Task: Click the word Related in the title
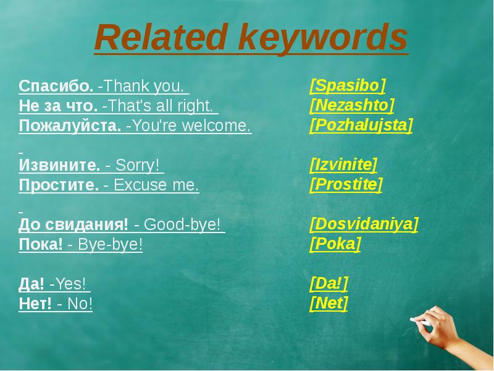pos(161,37)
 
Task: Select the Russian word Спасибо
pos(56,86)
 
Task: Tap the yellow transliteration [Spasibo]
pos(348,85)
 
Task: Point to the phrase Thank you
pos(143,86)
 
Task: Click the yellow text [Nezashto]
pos(352,105)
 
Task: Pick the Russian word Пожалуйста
pos(70,126)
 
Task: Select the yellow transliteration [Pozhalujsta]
pos(361,126)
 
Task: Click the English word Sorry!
pos(137,165)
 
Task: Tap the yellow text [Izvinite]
pos(343,164)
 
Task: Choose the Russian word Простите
pos(59,185)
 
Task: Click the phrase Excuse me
pos(156,185)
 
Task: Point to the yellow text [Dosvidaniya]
pos(364,224)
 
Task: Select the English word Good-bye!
pos(182,224)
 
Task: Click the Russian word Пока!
pos(41,244)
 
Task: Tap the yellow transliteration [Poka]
pos(335,244)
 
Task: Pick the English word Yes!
pos(70,284)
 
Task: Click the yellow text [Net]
pos(329,303)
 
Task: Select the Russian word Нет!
pos(35,304)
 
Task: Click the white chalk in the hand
pos(420,322)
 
